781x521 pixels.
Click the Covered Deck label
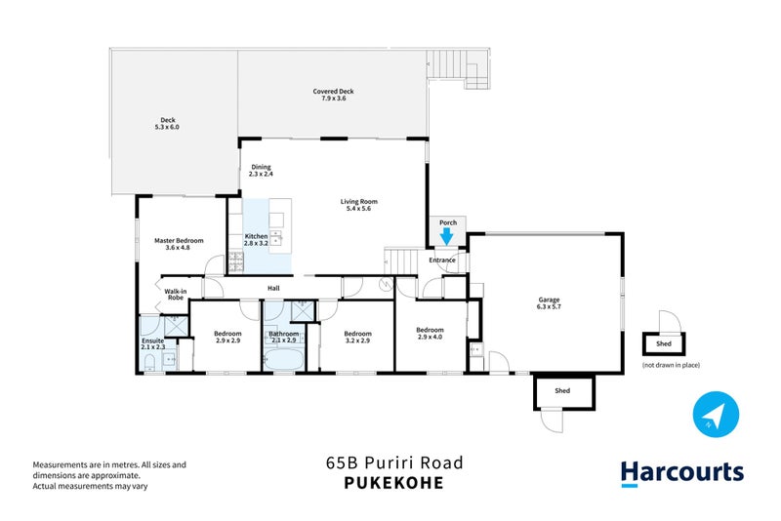tap(333, 95)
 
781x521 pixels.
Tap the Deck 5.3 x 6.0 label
tap(166, 124)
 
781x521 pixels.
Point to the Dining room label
tap(261, 170)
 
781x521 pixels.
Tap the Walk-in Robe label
tap(176, 294)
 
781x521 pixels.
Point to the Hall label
tap(274, 288)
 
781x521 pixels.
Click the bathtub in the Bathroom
tap(284, 362)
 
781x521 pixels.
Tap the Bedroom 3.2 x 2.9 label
tap(357, 337)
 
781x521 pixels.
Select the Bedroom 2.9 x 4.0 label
tap(431, 333)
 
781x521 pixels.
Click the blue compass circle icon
tap(714, 415)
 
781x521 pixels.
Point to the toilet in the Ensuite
tap(147, 364)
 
